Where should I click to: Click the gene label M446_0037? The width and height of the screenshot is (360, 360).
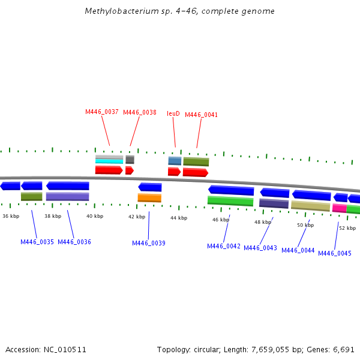(x=102, y=112)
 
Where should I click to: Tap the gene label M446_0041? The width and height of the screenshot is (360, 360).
(x=202, y=115)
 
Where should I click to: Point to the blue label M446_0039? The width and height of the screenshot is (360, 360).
(x=149, y=243)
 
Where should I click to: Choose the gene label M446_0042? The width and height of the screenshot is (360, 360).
(x=224, y=246)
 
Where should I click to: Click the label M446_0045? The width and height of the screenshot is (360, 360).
(x=335, y=253)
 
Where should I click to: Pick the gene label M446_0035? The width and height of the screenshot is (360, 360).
(x=37, y=242)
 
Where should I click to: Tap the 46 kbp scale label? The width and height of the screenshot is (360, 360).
(x=221, y=220)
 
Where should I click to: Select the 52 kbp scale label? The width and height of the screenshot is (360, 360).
(x=347, y=228)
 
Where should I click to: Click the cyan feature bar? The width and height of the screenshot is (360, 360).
(x=109, y=161)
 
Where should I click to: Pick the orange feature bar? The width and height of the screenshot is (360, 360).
(x=149, y=197)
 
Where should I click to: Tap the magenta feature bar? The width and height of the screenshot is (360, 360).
(x=339, y=208)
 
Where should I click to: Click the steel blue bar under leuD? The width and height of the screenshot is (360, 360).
(x=175, y=161)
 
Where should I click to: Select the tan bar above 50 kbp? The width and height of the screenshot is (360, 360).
(x=310, y=206)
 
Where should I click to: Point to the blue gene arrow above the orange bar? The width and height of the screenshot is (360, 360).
(x=150, y=187)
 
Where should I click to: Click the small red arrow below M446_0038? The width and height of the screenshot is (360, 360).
(x=129, y=170)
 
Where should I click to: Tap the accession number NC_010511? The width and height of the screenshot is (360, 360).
(x=65, y=349)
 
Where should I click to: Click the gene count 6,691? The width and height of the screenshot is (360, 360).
(x=344, y=349)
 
